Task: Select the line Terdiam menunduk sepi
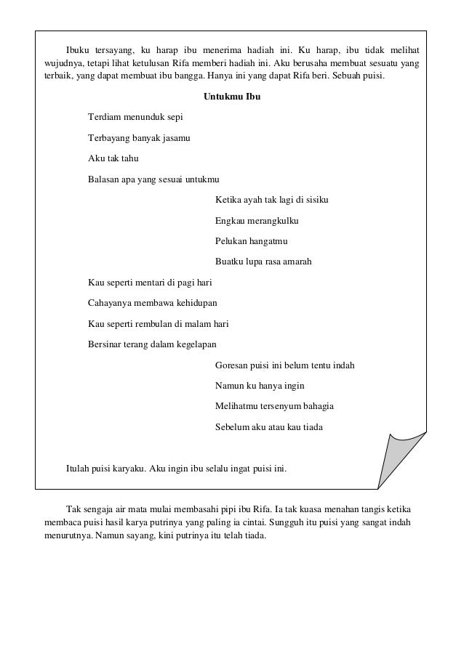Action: pos(135,116)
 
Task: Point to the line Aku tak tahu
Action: pos(113,158)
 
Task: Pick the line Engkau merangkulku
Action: pos(257,220)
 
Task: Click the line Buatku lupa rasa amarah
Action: pos(263,262)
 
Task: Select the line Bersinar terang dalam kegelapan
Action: pos(152,344)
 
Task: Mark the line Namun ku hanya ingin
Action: pos(260,386)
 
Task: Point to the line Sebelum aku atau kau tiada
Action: pos(268,427)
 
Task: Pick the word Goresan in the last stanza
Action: pos(232,365)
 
